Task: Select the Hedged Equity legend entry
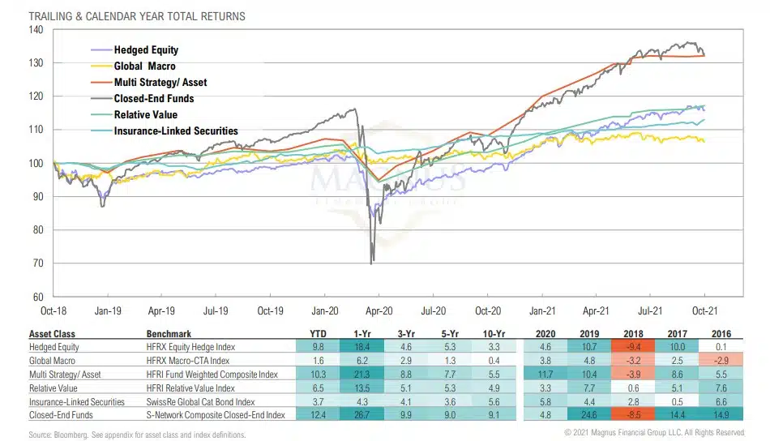coord(146,50)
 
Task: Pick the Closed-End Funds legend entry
coord(154,99)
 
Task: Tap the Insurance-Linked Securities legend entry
coord(176,131)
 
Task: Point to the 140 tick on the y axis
coord(35,30)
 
